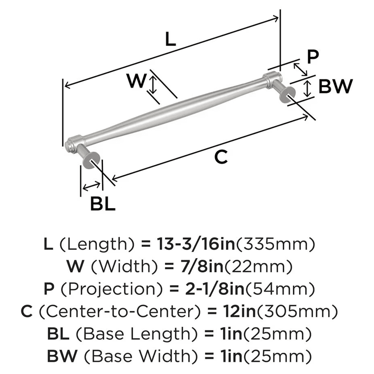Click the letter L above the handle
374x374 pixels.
click(x=170, y=39)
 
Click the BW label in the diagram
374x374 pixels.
click(x=335, y=87)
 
